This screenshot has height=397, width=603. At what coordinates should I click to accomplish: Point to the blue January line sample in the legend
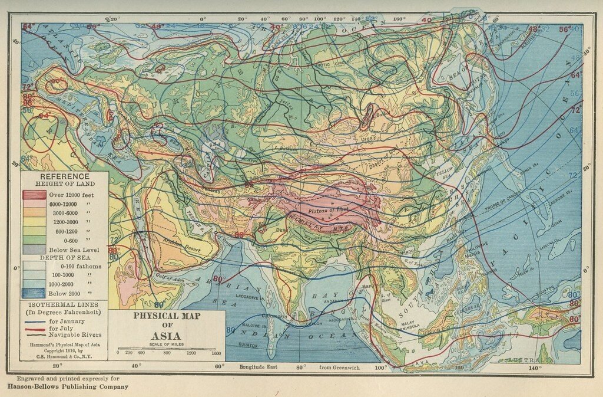pyautogui.click(x=35, y=322)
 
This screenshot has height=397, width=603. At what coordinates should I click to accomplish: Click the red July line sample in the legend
pyautogui.click(x=35, y=329)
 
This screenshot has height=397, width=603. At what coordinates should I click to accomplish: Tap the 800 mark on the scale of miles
pyautogui.click(x=167, y=353)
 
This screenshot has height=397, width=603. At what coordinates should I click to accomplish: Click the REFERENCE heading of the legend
pyautogui.click(x=65, y=176)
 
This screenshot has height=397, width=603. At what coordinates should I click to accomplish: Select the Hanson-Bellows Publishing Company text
pyautogui.click(x=68, y=387)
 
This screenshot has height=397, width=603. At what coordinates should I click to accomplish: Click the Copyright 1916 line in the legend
pyautogui.click(x=65, y=350)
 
